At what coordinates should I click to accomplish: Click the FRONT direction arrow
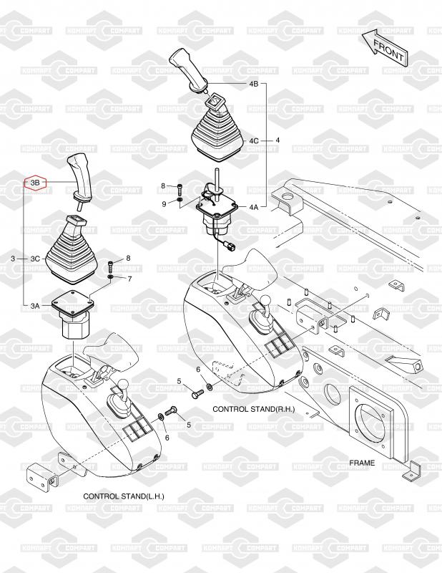coord(385,47)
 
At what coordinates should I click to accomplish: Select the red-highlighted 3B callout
coord(35,182)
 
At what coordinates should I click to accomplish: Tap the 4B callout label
coord(254,84)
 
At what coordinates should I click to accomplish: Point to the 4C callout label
coord(254,140)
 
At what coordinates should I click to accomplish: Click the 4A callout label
coord(254,207)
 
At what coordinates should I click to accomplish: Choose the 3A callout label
coord(34,306)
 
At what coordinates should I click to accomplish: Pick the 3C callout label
coord(35,259)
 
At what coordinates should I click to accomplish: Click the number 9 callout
coord(164,203)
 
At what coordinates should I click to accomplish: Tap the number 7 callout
coord(129,279)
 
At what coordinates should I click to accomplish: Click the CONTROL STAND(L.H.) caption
coord(124,496)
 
